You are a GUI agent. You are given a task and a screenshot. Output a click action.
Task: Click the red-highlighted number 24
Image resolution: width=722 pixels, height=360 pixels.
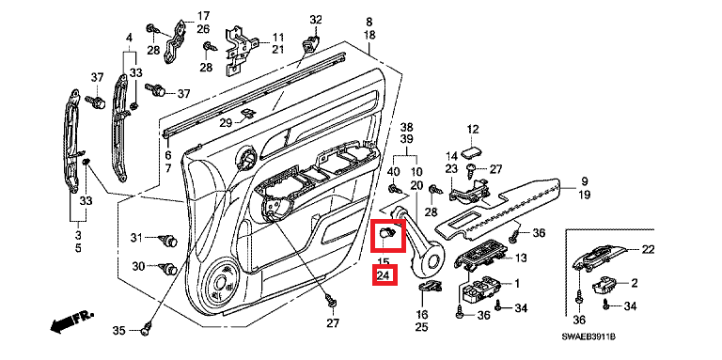coord(384,275)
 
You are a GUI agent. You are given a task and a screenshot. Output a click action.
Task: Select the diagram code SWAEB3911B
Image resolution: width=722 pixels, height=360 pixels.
coord(588,337)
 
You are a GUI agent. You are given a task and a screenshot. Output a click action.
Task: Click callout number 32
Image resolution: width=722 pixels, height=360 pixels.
coord(316,20)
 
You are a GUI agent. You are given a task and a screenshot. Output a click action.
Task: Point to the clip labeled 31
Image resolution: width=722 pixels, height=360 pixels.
coord(169,240)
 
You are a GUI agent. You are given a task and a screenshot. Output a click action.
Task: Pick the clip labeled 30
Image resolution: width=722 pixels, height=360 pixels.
coord(167,268)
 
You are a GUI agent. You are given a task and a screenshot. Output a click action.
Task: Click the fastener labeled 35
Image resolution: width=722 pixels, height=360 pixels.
coord(148,327)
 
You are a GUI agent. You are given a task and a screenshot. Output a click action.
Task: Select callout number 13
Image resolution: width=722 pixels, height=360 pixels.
coord(521,258)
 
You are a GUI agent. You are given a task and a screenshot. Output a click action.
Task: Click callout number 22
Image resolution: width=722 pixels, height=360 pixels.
coord(648,249)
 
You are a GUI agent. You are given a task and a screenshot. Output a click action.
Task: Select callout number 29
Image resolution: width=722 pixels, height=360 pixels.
coord(226,123)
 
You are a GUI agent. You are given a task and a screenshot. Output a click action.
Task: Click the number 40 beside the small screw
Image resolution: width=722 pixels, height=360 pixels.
coord(393,172)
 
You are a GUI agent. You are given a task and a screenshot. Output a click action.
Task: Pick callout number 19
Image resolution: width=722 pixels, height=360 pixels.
coord(584,195)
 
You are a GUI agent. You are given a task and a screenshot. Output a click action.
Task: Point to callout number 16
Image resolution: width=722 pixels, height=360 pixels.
coord(422,315)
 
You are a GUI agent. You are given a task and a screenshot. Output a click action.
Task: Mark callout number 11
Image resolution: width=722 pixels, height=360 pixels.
coord(277,37)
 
